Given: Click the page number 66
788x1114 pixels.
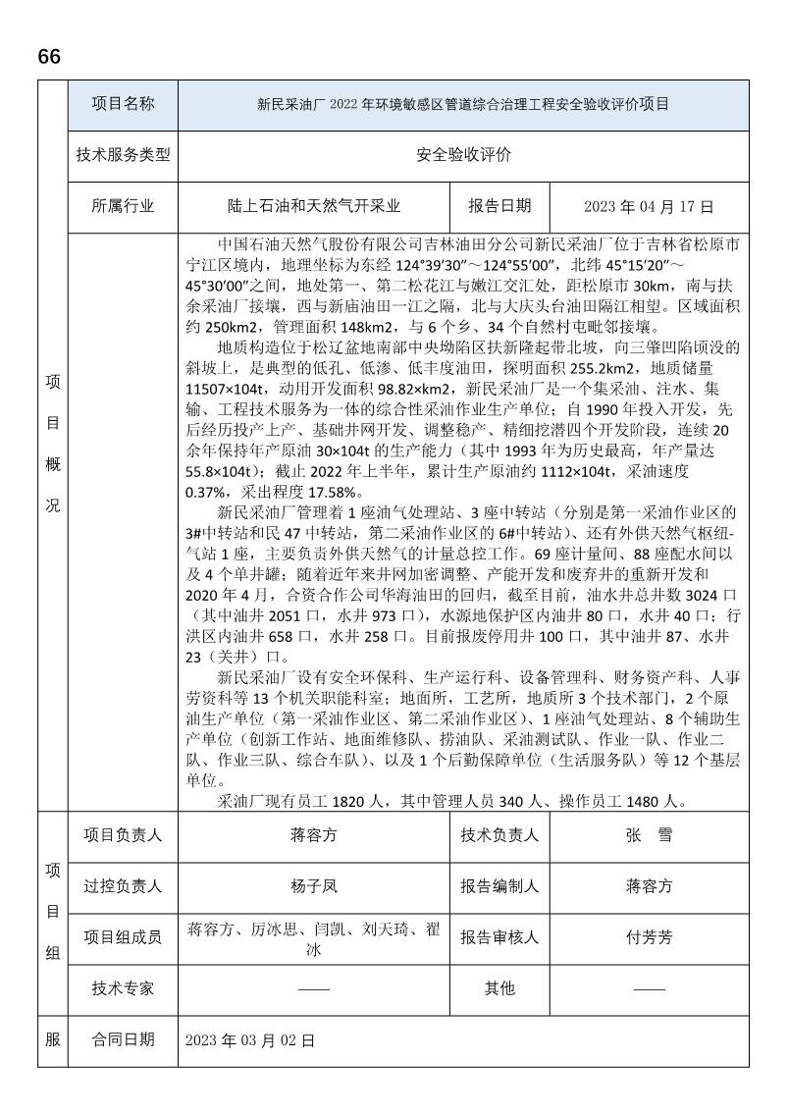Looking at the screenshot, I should pyautogui.click(x=49, y=57).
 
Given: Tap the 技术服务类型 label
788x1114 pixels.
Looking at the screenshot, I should pyautogui.click(x=123, y=155).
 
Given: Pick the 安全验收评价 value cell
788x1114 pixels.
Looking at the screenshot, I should pyautogui.click(x=463, y=155).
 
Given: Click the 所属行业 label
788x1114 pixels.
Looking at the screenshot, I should pyautogui.click(x=123, y=206).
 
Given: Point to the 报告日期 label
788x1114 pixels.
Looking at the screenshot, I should pyautogui.click(x=499, y=206).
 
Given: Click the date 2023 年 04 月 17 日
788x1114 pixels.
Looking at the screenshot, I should pyautogui.click(x=649, y=206).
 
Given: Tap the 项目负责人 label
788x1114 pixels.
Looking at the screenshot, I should pyautogui.click(x=123, y=836).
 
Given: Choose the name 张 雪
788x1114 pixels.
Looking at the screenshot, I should pyautogui.click(x=649, y=836).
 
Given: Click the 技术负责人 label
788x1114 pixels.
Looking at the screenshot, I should pyautogui.click(x=499, y=836).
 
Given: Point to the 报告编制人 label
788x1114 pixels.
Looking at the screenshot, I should pyautogui.click(x=499, y=886).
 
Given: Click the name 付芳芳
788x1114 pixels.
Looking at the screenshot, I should pyautogui.click(x=649, y=937).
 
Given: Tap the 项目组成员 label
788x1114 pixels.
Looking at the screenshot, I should pyautogui.click(x=123, y=937).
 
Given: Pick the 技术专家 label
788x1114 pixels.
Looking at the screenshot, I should pyautogui.click(x=123, y=988).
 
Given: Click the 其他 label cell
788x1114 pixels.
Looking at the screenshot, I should pyautogui.click(x=499, y=988).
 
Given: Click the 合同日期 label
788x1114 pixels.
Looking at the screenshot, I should pyautogui.click(x=123, y=1039).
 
